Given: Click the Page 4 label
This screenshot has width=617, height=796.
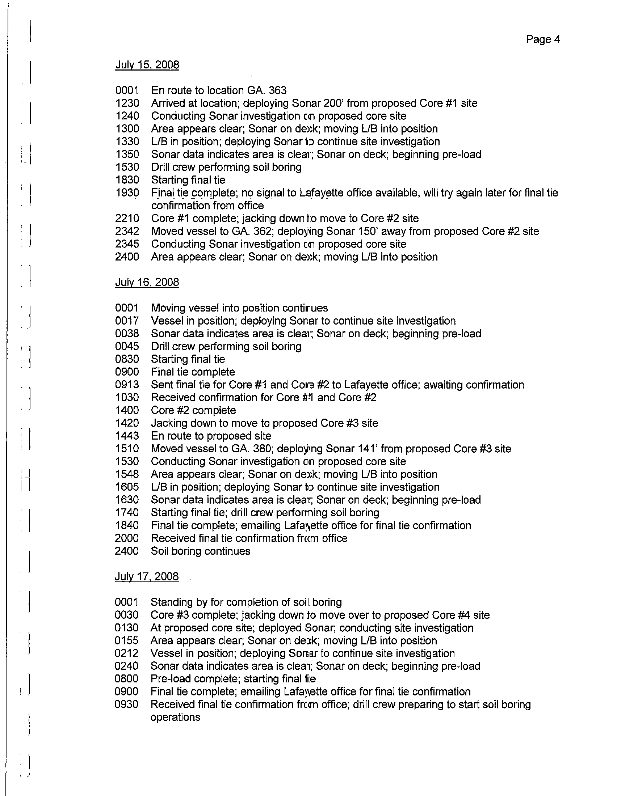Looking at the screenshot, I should point(543,39).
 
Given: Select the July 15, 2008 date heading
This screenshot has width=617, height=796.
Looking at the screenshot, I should point(147,65).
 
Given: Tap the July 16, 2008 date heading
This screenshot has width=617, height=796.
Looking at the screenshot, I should point(147,282).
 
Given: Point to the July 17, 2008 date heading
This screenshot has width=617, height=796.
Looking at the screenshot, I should point(147,576).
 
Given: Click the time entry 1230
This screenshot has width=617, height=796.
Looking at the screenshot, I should point(127,103).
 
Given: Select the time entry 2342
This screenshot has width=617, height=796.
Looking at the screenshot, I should point(127,231).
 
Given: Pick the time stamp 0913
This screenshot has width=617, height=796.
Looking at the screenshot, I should point(127,385).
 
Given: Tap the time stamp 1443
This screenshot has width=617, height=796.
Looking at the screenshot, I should point(127,436).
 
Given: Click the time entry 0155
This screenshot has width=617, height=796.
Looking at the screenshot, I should point(126,640).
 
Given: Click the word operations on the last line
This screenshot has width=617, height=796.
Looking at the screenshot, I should point(175,717).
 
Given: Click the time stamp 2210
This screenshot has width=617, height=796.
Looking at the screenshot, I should point(127,218).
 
